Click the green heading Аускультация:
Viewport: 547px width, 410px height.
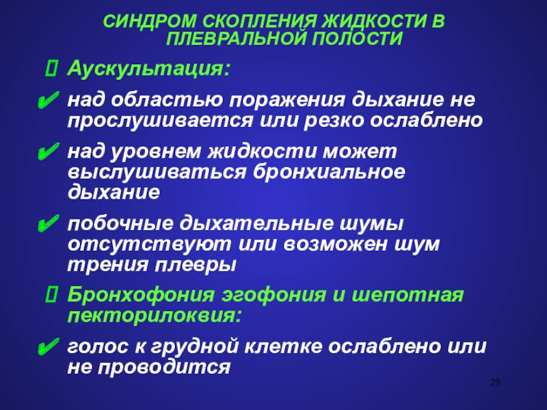(149, 69)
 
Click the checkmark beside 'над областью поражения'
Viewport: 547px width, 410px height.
(48, 100)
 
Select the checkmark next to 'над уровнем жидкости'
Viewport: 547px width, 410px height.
(48, 152)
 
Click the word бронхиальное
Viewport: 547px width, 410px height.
(330, 172)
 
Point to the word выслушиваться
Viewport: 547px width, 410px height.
(157, 173)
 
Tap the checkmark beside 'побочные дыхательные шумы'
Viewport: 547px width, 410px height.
(48, 223)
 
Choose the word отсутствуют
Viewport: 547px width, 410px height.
(149, 245)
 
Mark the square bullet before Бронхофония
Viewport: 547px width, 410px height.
(51, 295)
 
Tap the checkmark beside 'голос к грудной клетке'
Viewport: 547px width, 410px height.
(48, 347)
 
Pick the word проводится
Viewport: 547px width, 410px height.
(164, 368)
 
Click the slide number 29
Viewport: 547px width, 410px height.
(495, 383)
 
